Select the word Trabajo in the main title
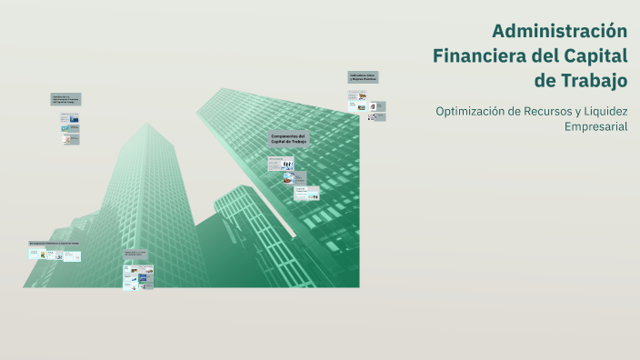pyautogui.click(x=594, y=81)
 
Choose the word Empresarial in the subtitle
pyautogui.click(x=595, y=127)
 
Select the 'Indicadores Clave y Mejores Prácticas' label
pyautogui.click(x=363, y=78)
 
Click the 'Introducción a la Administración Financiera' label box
pyautogui.click(x=68, y=100)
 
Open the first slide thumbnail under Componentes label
pyautogui.click(x=281, y=164)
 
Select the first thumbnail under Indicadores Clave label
pyautogui.click(x=355, y=94)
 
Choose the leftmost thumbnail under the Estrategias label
pyautogui.click(x=35, y=255)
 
